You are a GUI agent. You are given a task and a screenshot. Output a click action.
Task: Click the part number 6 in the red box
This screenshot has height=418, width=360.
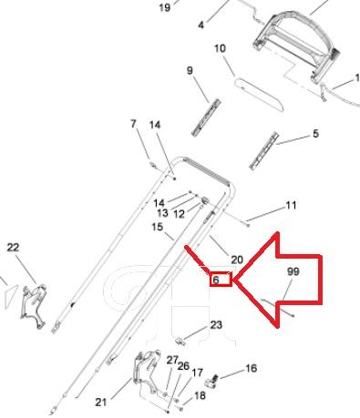215,280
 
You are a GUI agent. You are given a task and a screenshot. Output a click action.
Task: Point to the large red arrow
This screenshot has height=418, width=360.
278,280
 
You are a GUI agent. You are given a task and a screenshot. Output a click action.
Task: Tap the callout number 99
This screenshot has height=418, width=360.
293,271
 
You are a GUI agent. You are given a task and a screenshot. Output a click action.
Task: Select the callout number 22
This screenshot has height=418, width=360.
13,248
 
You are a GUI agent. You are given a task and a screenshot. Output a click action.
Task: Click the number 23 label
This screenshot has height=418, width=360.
216,325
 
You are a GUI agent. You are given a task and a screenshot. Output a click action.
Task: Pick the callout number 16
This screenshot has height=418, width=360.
251,368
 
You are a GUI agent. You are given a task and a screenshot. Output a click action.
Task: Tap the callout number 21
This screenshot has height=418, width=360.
101,403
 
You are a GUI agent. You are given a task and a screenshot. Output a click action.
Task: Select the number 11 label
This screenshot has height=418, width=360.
291,206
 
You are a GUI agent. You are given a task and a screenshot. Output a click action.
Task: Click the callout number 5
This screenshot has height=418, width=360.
315,133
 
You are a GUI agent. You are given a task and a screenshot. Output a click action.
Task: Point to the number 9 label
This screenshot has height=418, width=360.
190,71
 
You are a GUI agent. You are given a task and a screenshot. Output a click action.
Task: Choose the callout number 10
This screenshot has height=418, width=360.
221,48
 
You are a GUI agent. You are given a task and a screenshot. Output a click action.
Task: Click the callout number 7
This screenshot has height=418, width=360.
133,124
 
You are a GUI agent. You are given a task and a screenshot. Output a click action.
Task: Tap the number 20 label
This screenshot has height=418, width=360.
237,260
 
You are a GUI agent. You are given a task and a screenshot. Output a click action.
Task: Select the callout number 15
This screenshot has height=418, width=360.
158,227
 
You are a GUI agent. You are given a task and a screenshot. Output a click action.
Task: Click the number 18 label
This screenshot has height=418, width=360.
200,395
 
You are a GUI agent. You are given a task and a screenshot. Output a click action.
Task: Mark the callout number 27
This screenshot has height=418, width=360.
172,361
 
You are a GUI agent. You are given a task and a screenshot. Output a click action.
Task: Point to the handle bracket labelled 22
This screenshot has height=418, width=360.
34,306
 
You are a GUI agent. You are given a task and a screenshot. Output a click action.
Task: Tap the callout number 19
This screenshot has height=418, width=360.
165,7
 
